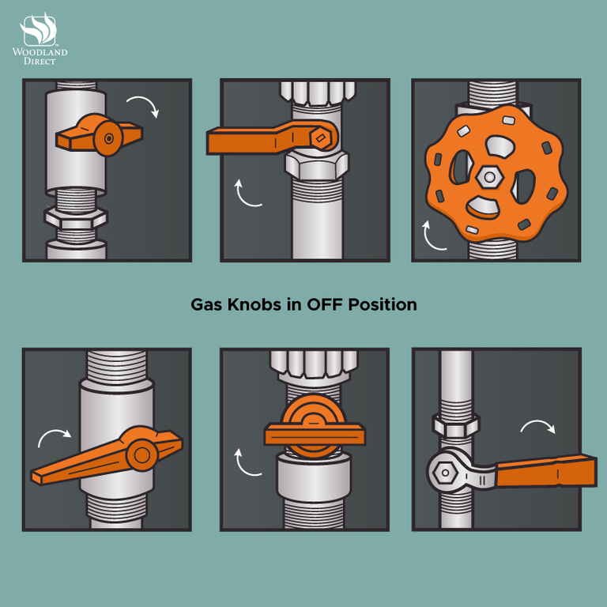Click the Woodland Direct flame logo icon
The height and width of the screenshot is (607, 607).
pos(39,29)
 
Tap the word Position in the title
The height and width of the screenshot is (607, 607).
pos(383,304)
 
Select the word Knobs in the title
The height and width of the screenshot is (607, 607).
pos(254,304)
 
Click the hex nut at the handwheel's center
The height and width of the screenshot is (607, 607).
pos(489,177)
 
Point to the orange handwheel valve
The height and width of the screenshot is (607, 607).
pos(496,173)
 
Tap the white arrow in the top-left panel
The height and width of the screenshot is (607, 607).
pos(144,105)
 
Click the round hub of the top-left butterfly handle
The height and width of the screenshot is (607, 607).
pos(108,138)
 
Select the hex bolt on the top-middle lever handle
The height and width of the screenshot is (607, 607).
pos(321,138)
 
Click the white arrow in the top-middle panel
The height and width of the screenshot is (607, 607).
pos(247,194)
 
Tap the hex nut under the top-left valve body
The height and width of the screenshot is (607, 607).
pos(76,218)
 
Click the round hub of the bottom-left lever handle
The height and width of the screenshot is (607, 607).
pos(141,455)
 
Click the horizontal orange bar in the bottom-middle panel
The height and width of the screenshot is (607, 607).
pos(315,434)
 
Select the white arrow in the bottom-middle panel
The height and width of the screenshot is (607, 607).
pos(247,463)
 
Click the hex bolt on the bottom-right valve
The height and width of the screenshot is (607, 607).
pos(445,473)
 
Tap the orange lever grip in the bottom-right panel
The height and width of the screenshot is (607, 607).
pos(546,471)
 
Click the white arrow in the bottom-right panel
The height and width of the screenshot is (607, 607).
pos(538,424)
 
